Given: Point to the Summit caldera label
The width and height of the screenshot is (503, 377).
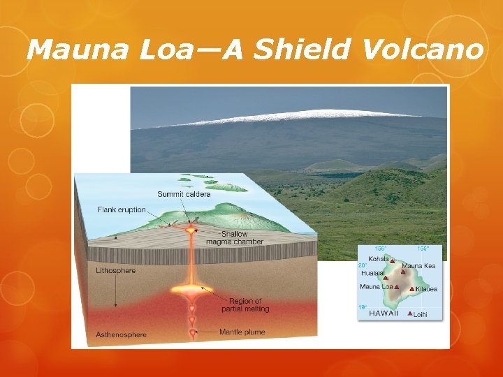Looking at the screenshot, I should [184, 194].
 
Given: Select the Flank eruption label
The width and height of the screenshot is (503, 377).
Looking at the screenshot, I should [122, 209].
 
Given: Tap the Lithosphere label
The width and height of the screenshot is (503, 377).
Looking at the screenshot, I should [116, 270].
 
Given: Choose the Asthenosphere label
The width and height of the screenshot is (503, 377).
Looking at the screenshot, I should [122, 334].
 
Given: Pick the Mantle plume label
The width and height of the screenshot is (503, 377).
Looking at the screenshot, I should [242, 332].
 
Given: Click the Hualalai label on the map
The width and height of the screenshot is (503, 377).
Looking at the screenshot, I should [372, 273].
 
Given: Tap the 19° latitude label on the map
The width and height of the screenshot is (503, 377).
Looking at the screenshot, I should [363, 306].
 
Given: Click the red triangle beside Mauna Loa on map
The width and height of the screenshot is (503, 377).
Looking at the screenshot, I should [397, 286].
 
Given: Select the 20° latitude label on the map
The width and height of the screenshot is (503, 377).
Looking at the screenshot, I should [363, 265].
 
